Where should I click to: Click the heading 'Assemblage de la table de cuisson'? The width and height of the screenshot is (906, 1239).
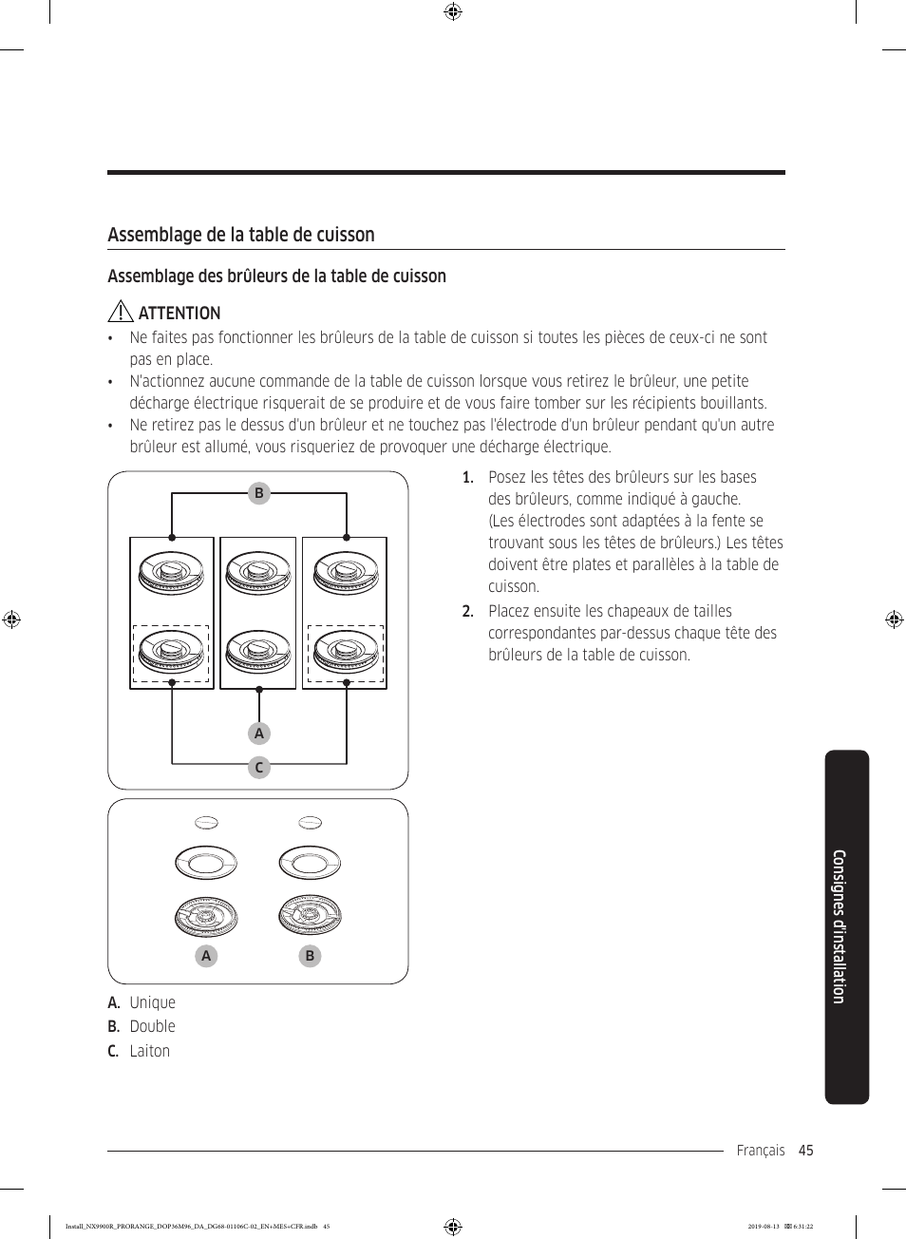[241, 235]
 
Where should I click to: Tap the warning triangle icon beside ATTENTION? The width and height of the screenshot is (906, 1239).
[120, 312]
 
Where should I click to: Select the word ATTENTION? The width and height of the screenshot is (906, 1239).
[179, 314]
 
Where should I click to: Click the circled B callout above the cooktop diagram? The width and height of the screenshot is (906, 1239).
[258, 493]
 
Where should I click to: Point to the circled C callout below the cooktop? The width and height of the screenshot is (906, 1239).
[258, 767]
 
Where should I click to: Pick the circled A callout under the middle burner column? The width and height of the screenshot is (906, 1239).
[258, 734]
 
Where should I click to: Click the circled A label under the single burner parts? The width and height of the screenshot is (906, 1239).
[206, 956]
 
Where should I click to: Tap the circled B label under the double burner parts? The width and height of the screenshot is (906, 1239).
[310, 956]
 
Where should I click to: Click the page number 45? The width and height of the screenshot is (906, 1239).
[806, 1151]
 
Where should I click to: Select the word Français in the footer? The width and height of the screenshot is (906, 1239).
[761, 1151]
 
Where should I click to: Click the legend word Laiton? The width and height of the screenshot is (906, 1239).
[150, 1051]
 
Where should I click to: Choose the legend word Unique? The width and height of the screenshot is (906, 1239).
[153, 1002]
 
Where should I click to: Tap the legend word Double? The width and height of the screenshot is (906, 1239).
[153, 1026]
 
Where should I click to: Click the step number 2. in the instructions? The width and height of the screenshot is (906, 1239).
[467, 611]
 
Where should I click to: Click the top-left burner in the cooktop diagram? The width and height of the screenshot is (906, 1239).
[172, 573]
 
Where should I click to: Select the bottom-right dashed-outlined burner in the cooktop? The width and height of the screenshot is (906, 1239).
[346, 653]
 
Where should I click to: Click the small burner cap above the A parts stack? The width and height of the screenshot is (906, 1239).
[206, 823]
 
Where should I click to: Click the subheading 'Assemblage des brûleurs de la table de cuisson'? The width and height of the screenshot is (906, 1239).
[276, 276]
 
